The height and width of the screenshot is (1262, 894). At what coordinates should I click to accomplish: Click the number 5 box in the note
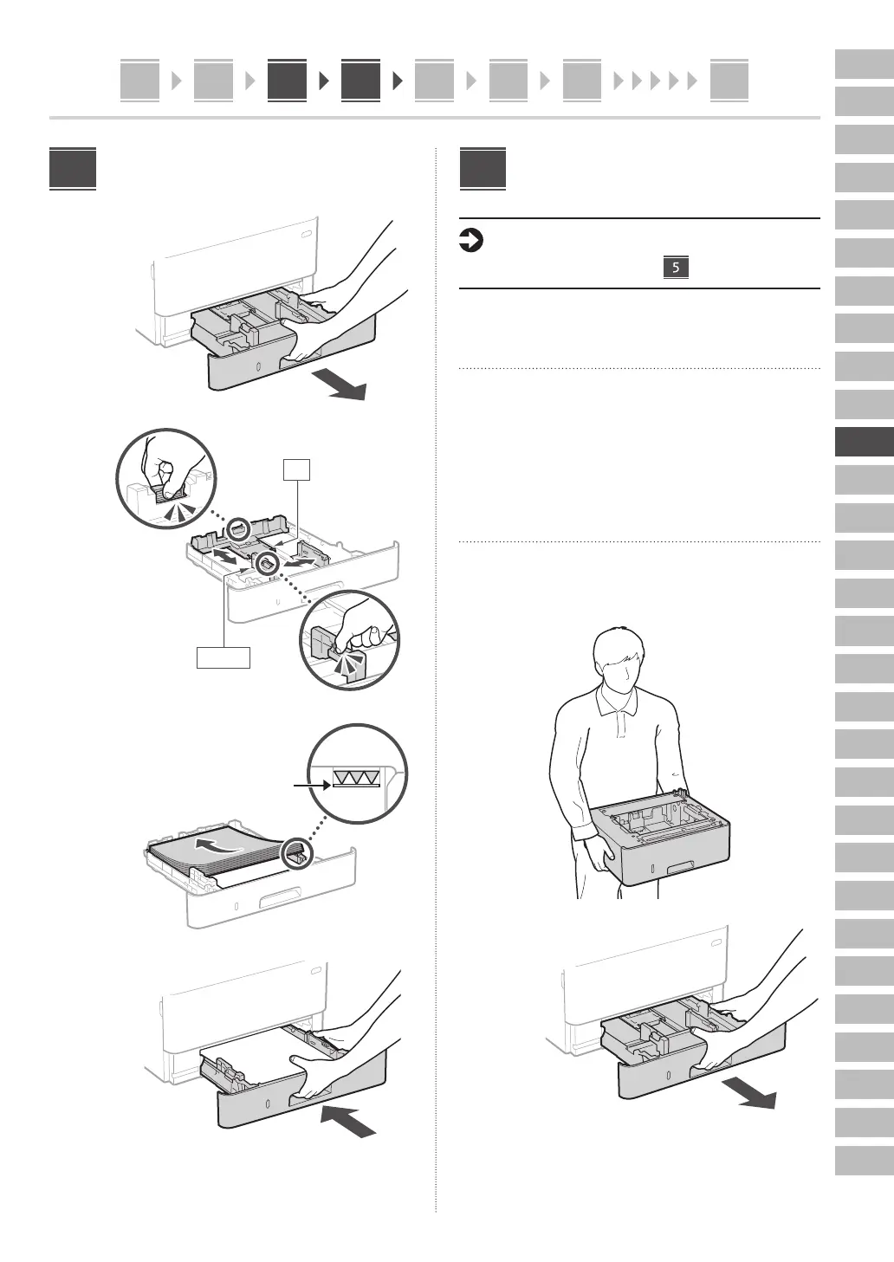tap(676, 267)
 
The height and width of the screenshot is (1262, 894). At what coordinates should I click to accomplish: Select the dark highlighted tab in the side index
tap(864, 443)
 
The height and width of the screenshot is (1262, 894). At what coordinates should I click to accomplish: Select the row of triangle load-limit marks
tap(356, 778)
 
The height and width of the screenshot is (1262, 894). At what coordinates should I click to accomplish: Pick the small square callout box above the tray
tap(297, 469)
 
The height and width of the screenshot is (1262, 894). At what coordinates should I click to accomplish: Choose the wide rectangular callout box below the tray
tap(223, 657)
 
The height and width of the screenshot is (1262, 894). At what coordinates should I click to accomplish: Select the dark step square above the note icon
tap(483, 169)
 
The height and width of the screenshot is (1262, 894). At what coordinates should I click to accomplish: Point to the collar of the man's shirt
tap(617, 701)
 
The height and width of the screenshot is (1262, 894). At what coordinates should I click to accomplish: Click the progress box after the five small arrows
tap(729, 81)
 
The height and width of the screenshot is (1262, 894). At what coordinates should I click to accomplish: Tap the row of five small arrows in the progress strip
tap(655, 81)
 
